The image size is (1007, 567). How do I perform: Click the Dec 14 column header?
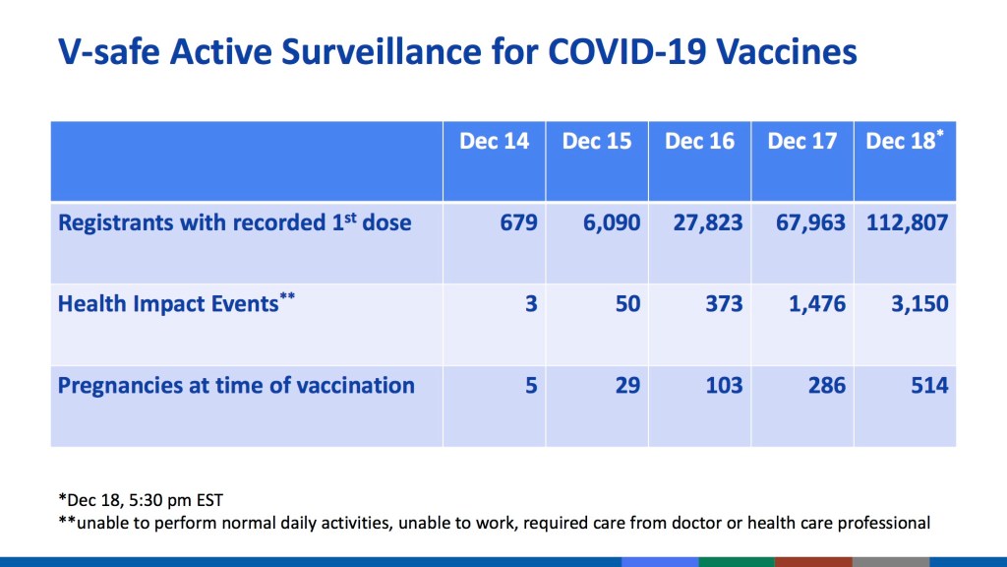coord(494,142)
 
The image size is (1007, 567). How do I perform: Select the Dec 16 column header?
coord(699,142)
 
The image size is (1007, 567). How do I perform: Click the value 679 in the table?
coord(518,222)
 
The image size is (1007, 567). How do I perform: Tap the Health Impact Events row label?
coord(167,303)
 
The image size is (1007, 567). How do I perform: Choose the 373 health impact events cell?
coord(724,303)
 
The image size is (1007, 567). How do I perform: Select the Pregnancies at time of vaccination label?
coord(236,385)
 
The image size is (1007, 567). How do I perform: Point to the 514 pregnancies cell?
coord(929,385)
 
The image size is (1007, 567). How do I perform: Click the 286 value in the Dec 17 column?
coord(826,385)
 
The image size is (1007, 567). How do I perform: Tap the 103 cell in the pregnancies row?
coord(724,385)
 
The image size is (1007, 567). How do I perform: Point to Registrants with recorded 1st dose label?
coord(234,222)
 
